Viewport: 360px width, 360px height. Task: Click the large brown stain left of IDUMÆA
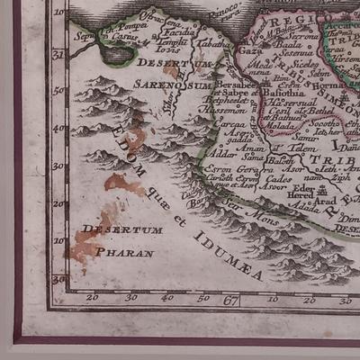[124, 184]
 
